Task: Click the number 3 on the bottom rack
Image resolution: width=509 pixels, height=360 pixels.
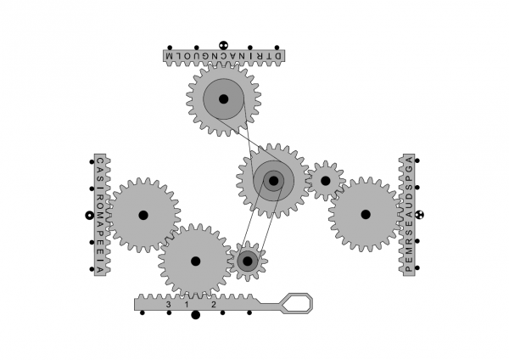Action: [168, 305]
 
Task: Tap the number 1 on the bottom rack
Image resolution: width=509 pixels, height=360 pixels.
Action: [187, 305]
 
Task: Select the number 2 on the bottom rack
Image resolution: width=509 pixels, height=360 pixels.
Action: [213, 305]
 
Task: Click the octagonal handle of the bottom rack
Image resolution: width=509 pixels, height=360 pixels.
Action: [296, 303]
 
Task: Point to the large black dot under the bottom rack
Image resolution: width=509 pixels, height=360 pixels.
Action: [195, 315]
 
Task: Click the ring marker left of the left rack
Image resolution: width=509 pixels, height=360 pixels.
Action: [90, 215]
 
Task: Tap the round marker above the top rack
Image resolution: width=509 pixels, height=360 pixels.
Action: [223, 46]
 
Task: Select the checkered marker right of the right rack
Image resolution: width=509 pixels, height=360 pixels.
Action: [419, 215]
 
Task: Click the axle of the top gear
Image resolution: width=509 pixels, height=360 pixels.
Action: [223, 99]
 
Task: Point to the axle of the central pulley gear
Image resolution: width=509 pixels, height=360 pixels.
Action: [274, 181]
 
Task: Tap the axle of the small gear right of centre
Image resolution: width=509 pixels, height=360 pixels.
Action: [325, 181]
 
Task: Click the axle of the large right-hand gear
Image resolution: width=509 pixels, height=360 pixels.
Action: [366, 215]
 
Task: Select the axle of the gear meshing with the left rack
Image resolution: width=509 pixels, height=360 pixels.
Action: [143, 215]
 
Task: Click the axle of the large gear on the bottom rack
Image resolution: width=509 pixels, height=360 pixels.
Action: [195, 262]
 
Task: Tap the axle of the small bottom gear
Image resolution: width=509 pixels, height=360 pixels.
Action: [248, 262]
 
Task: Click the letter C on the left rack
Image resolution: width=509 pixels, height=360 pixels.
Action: [100, 160]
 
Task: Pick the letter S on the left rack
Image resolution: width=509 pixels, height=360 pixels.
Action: [100, 179]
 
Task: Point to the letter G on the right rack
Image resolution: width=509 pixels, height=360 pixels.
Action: [409, 169]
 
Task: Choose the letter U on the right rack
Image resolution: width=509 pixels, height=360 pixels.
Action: [409, 205]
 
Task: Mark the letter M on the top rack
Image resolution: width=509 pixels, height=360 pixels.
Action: [171, 56]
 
